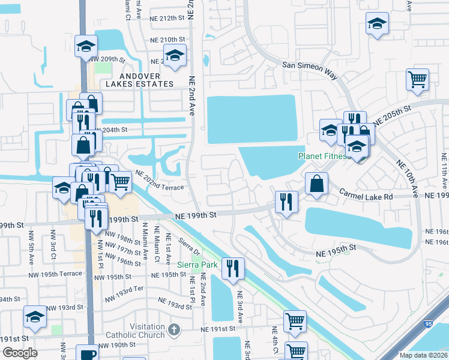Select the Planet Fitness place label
pos(324,157)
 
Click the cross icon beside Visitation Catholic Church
pos(174,329)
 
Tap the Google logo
pos(20,353)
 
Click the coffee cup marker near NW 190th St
pos(87,353)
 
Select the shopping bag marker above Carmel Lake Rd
pos(316,182)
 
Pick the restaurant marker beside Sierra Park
pos(232,267)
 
